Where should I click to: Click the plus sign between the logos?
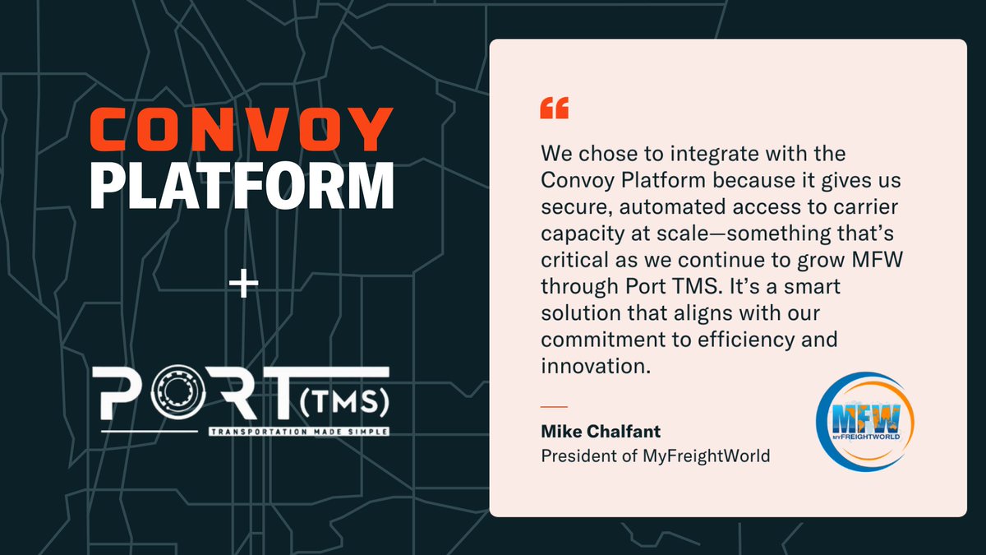(242, 286)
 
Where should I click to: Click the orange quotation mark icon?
(554, 109)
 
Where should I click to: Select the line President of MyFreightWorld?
(656, 455)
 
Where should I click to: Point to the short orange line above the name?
(554, 406)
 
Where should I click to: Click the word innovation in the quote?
(591, 367)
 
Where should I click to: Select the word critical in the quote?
(570, 260)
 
